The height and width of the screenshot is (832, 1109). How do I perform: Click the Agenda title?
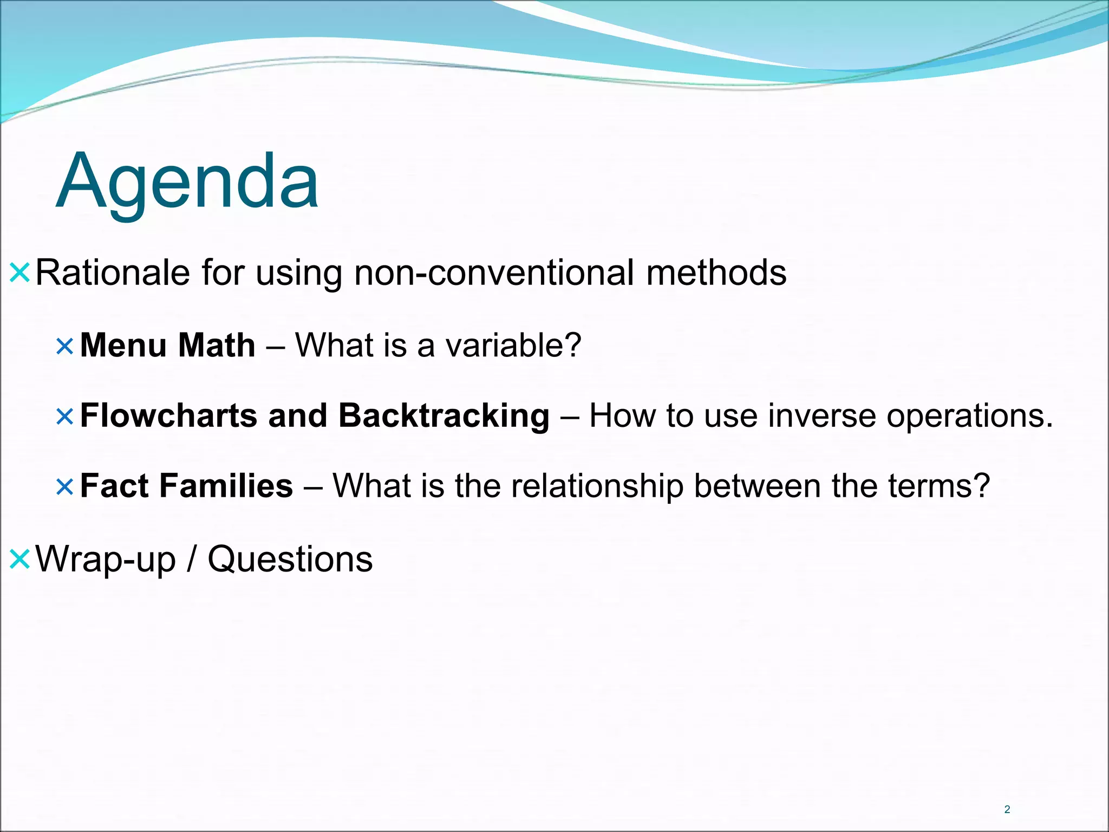point(187,181)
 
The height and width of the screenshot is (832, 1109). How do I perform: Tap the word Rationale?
point(113,272)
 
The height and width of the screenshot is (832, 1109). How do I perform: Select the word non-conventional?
point(494,272)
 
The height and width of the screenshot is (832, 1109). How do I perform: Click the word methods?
point(716,272)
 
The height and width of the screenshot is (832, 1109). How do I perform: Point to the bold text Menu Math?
point(167,345)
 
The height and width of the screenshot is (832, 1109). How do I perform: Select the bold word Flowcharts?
point(168,416)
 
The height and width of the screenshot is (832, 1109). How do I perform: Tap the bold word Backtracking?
point(444,416)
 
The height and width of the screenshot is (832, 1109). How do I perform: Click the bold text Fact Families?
point(186,486)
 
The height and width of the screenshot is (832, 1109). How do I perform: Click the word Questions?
point(290,560)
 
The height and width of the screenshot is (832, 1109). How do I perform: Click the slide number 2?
point(1007,809)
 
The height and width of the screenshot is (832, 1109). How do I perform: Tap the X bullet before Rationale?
point(19,273)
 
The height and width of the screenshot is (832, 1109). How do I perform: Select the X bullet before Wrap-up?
point(19,560)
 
